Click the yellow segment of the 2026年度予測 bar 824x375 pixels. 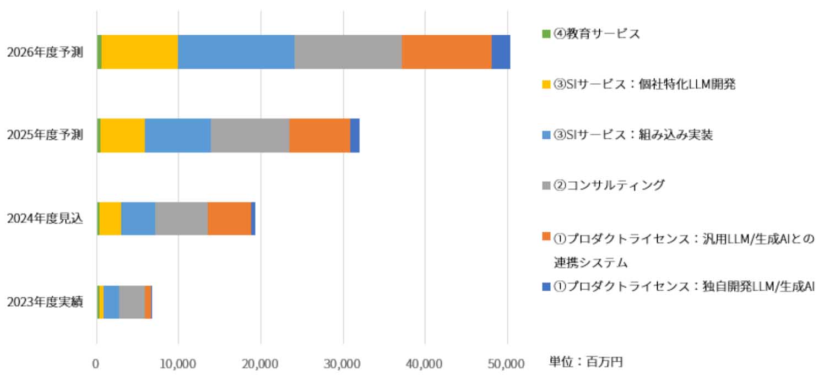coord(140,52)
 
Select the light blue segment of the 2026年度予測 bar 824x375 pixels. coord(236,52)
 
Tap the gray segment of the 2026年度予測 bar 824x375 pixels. coord(348,52)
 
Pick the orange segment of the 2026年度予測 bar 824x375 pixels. coord(446,52)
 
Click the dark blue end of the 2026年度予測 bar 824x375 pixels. coord(501,52)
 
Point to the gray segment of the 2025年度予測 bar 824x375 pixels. coord(250,135)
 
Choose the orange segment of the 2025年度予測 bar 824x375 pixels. coord(319,135)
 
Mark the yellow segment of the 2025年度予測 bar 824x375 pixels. coord(122,135)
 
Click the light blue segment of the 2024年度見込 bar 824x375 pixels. coord(138,219)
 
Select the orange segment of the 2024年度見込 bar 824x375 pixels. coord(229,219)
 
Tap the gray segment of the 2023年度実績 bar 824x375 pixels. coord(132,302)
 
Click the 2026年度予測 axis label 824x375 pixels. coord(45,52)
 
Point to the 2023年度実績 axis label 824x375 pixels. coord(45,302)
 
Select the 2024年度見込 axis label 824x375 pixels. coord(45,219)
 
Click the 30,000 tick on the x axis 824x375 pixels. coord(342,363)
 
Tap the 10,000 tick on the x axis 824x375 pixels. coord(178,363)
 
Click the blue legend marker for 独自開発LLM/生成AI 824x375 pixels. coord(546,286)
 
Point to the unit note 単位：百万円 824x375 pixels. coord(586,362)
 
